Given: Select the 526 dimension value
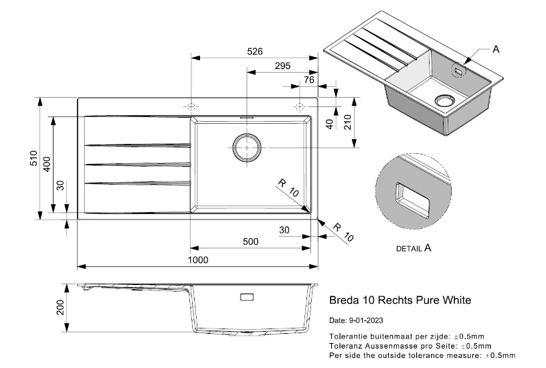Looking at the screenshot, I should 254,52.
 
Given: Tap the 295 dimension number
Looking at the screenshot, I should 282,66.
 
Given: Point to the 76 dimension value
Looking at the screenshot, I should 308,80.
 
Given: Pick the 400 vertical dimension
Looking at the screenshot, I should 47,165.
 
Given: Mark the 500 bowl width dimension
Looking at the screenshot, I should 250,242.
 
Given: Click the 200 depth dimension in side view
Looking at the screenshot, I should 60,308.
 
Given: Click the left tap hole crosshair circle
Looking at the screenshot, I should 191,107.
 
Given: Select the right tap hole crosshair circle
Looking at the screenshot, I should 299,107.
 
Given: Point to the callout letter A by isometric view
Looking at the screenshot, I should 496,50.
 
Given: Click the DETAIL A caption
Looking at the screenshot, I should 414,248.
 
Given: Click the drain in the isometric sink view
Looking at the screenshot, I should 444,100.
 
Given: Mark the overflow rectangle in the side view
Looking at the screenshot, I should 246,296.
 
